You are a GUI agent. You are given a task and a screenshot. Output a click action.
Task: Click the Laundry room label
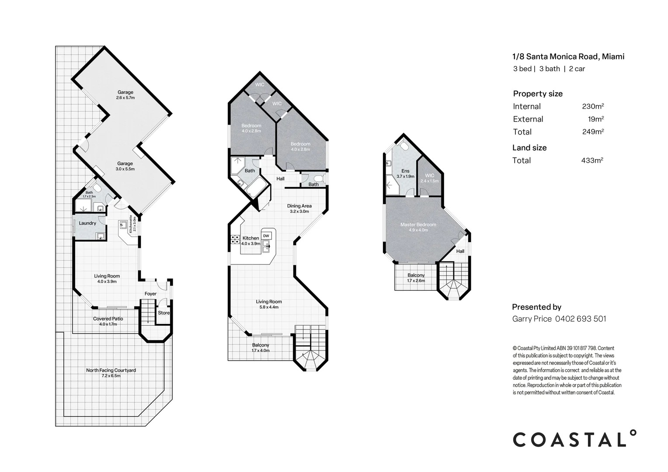tap(87, 223)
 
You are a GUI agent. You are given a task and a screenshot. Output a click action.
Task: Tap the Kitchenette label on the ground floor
tap(132, 224)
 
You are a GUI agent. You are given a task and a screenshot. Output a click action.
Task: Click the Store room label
tap(164, 313)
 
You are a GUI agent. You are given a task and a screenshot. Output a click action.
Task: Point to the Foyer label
tap(150, 294)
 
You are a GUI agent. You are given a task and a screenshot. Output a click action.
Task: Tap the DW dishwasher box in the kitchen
tap(266, 236)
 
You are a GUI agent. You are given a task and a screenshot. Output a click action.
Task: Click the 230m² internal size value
tap(593, 106)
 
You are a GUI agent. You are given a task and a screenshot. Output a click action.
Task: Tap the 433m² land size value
tap(592, 160)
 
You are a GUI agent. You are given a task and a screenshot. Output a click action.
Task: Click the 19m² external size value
tap(596, 119)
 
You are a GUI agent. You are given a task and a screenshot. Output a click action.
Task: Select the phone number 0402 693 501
tap(581, 319)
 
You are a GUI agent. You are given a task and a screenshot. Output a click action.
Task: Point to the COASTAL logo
tap(574, 438)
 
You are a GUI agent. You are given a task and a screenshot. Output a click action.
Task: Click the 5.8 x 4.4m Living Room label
tap(269, 304)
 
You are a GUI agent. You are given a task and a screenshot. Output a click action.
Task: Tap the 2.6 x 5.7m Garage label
tap(125, 95)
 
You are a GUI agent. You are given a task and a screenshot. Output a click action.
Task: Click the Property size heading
tap(538, 94)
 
